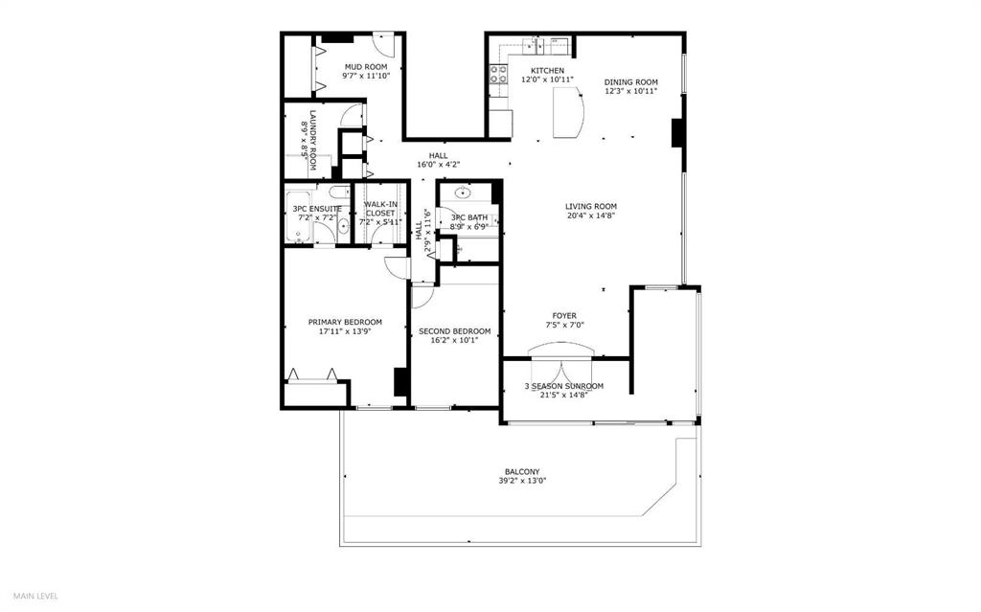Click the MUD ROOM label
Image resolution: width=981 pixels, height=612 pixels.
(x=366, y=67)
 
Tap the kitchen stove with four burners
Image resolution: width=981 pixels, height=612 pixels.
(x=498, y=74)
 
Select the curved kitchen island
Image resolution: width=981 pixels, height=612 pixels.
(x=571, y=111)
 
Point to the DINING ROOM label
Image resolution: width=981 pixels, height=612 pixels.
(x=630, y=82)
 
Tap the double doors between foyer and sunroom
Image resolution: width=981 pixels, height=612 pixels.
(x=565, y=370)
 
